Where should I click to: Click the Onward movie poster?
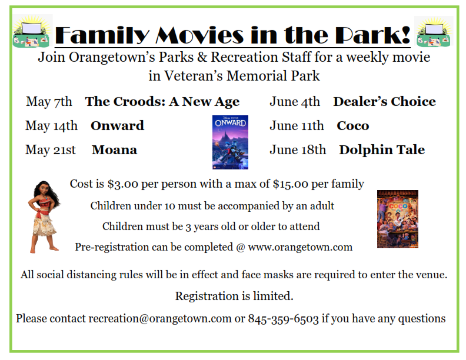click(230, 142)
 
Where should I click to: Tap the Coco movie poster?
click(398, 219)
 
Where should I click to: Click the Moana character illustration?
click(44, 217)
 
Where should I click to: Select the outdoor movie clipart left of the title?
click(32, 32)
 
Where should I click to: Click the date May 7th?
click(49, 102)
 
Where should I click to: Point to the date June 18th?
click(298, 149)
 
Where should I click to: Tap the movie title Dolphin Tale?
click(382, 150)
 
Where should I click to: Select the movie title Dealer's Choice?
click(385, 102)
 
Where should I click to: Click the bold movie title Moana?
click(114, 150)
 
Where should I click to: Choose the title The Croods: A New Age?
click(162, 102)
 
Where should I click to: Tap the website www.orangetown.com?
click(300, 247)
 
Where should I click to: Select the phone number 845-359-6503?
click(283, 319)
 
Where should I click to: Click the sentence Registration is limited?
click(234, 296)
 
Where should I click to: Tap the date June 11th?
click(297, 126)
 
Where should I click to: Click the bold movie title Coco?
click(353, 126)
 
